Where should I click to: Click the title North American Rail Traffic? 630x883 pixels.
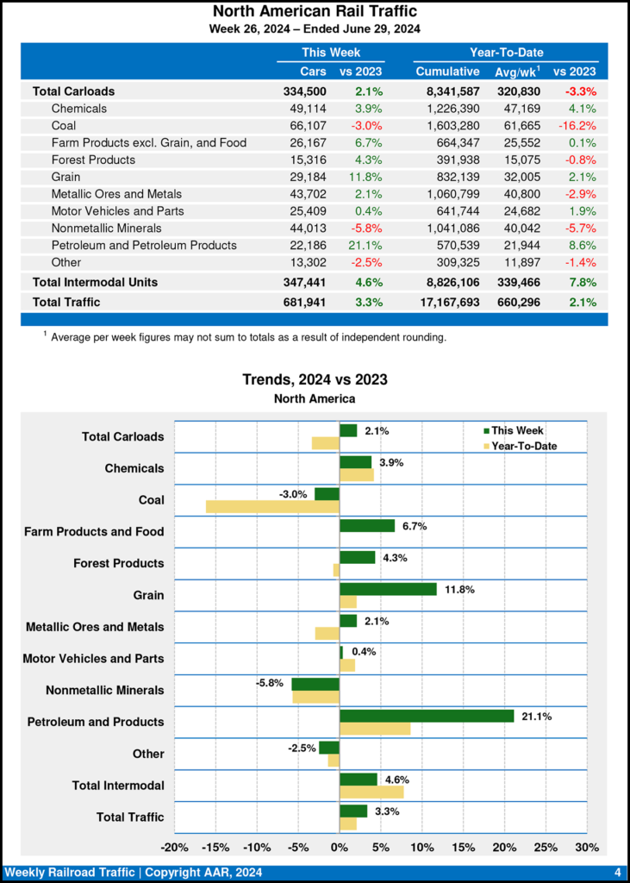315,11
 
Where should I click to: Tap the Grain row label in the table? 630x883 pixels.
66,177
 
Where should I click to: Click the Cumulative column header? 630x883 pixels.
447,72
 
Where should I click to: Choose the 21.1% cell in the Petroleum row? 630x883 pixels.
366,246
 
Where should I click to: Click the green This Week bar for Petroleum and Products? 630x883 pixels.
427,716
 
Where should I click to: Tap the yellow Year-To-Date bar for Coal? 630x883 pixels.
272,506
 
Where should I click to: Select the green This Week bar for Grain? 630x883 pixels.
388,589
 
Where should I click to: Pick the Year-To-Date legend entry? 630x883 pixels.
522,446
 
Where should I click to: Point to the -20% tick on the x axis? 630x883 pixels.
175,847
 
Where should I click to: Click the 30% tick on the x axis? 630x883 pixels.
587,847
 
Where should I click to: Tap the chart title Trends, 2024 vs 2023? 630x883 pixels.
315,379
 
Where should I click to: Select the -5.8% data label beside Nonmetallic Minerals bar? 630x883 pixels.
270,682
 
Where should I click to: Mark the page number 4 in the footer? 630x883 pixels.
618,872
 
